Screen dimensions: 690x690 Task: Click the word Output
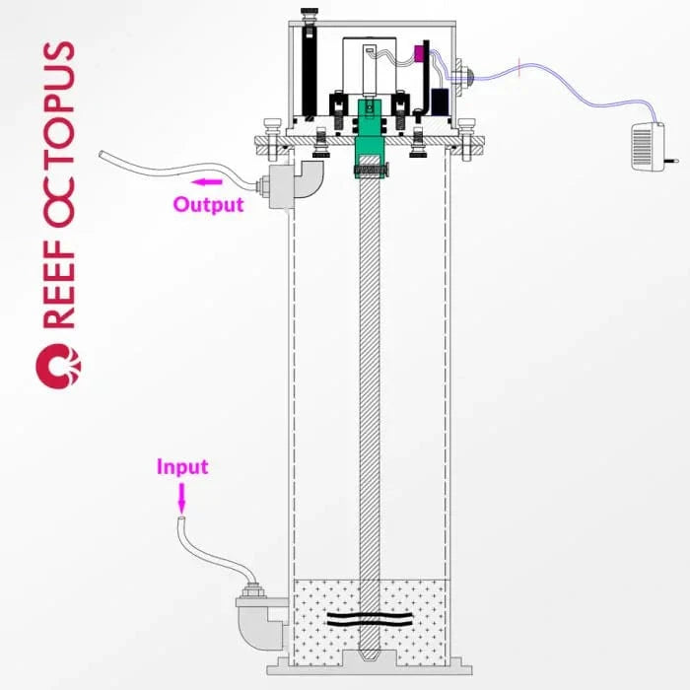pyautogui.click(x=208, y=205)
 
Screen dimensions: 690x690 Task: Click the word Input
pyautogui.click(x=182, y=466)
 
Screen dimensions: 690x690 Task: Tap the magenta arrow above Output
pyautogui.click(x=206, y=181)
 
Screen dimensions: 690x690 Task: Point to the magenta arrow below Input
pyautogui.click(x=181, y=498)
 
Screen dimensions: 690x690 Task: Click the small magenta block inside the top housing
pyautogui.click(x=419, y=53)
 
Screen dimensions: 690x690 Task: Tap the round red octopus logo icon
pyautogui.click(x=58, y=366)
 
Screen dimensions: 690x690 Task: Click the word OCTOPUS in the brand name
pyautogui.click(x=59, y=134)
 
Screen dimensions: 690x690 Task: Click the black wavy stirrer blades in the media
pyautogui.click(x=370, y=619)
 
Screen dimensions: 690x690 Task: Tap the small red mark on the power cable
pyautogui.click(x=519, y=67)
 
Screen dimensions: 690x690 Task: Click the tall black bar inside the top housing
pyautogui.click(x=310, y=71)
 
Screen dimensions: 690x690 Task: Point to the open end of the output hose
pyautogui.click(x=102, y=155)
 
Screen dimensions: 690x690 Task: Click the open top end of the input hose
pyautogui.click(x=181, y=520)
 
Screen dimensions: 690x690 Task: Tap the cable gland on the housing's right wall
pyautogui.click(x=464, y=78)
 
